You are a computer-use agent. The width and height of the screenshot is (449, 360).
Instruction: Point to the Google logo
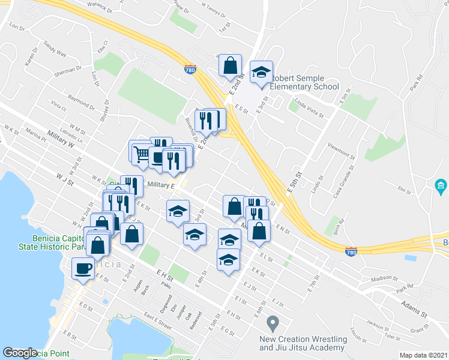(x=20, y=353)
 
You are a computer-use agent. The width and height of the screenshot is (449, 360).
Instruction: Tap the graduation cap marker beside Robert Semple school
(x=261, y=73)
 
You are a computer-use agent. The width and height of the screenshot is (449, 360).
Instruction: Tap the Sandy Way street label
(x=55, y=50)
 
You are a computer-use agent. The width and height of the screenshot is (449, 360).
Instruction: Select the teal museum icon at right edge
(x=441, y=187)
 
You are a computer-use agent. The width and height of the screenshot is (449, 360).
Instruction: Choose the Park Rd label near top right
(x=417, y=82)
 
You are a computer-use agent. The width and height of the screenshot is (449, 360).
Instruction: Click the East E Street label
(x=158, y=326)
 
